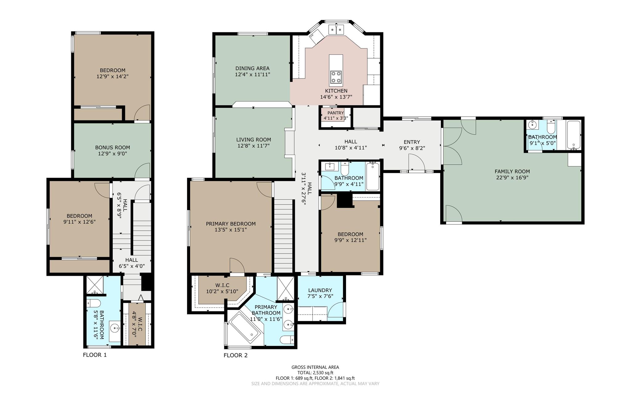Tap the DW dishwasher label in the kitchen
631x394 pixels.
click(x=312, y=36)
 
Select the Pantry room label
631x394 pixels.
click(x=336, y=113)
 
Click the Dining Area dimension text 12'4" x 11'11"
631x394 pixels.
click(x=252, y=74)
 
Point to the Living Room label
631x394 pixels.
click(x=254, y=140)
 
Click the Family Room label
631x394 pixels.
click(x=512, y=172)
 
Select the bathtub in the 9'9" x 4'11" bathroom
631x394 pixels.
click(x=373, y=177)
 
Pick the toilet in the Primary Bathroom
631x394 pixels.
click(x=287, y=339)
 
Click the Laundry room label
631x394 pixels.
click(x=320, y=290)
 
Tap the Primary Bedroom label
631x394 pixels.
click(x=231, y=224)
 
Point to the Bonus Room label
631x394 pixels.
click(x=112, y=148)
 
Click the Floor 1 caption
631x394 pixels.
click(x=95, y=355)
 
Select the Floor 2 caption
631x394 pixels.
click(x=235, y=355)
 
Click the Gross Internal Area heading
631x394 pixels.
click(x=315, y=367)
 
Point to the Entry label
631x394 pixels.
click(x=412, y=142)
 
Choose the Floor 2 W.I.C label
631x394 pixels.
click(x=222, y=286)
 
